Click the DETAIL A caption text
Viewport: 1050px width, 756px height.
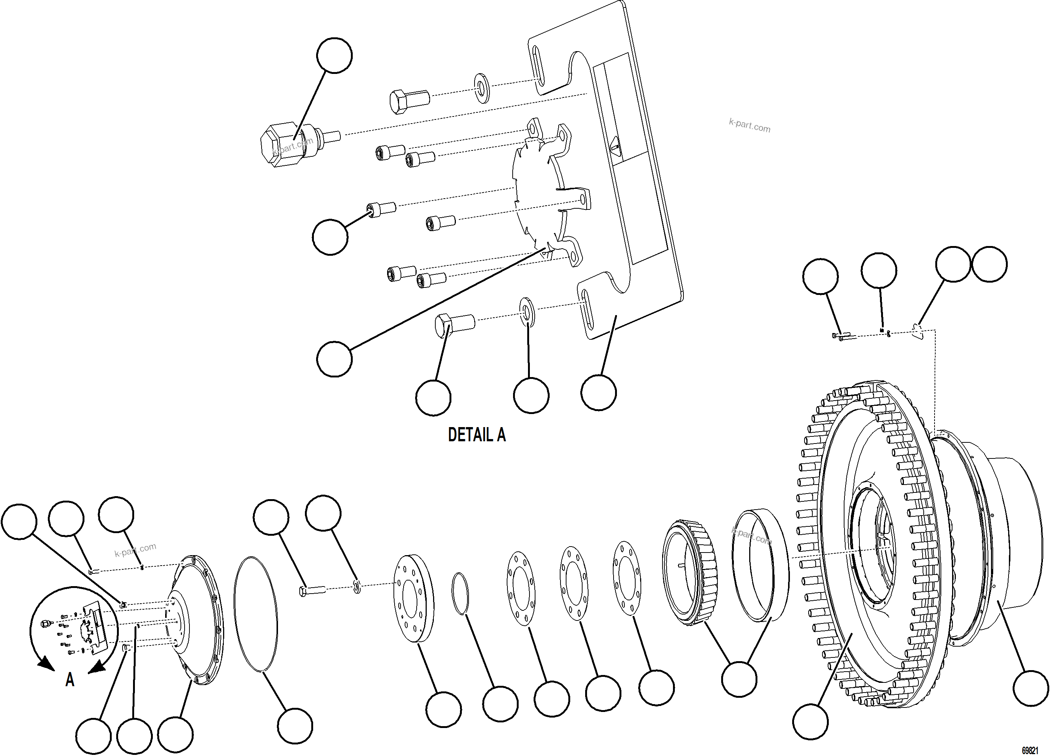coord(476,435)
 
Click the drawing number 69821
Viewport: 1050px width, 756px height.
coord(1029,750)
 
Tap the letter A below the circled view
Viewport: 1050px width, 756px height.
coord(70,680)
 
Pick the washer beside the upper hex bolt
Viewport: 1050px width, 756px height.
coord(482,87)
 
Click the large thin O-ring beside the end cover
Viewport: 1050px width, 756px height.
coord(256,613)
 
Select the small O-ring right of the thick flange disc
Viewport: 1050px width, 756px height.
coord(460,594)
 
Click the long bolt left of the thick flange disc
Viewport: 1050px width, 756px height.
coord(312,590)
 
